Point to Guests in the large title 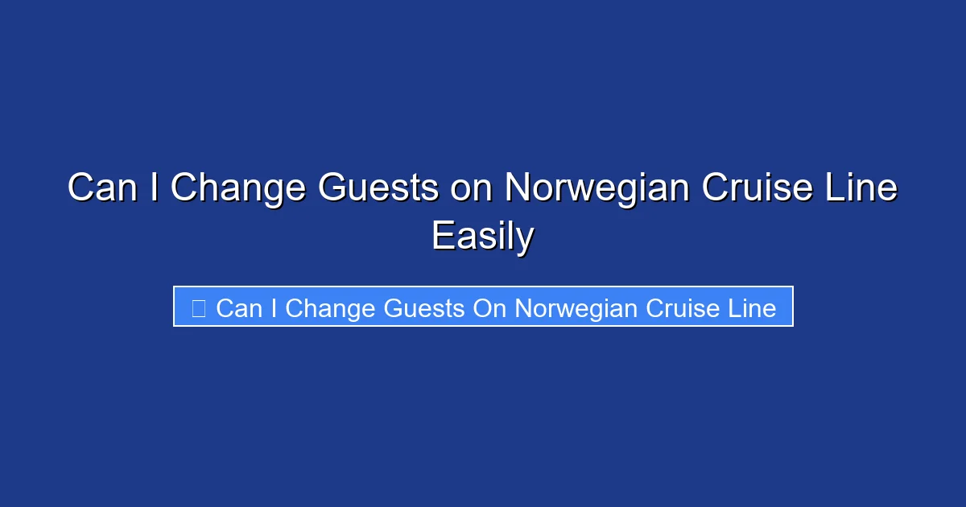pyautogui.click(x=378, y=189)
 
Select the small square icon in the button pyautogui.click(x=198, y=307)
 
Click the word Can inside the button pyautogui.click(x=239, y=307)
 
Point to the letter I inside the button pyautogui.click(x=274, y=307)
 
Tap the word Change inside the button pyautogui.click(x=330, y=308)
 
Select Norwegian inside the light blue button pyautogui.click(x=574, y=308)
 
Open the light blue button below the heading pyautogui.click(x=483, y=307)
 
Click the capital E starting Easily pyautogui.click(x=441, y=237)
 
